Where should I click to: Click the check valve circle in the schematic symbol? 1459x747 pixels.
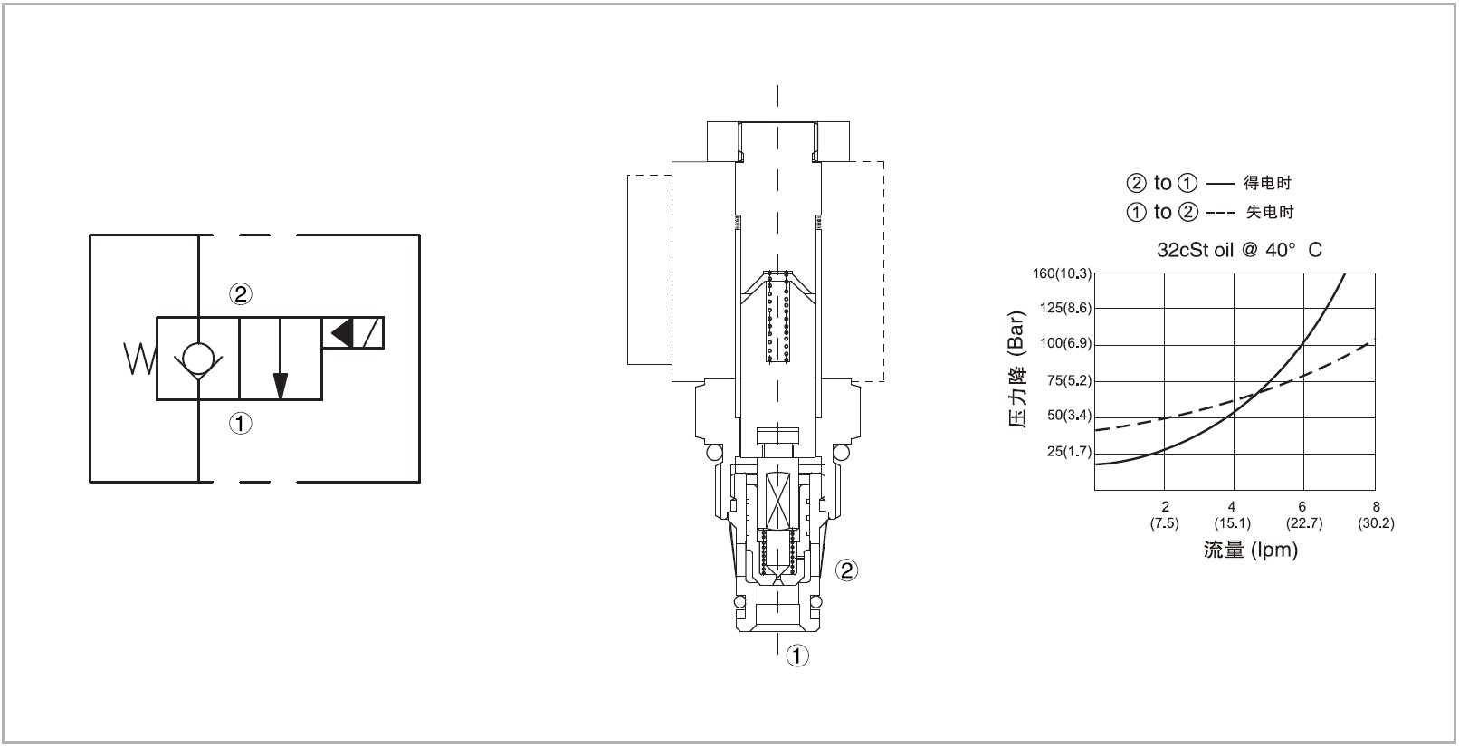(198, 358)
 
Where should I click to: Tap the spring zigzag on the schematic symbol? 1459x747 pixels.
(139, 359)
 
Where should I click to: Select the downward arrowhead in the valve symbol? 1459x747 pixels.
(280, 386)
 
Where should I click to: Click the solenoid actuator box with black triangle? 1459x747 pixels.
(353, 333)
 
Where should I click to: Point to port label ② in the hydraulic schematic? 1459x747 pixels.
(241, 294)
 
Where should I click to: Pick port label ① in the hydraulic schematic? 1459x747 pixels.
(241, 424)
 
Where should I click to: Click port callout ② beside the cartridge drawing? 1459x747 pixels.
(846, 570)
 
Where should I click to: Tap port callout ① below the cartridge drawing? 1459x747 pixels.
(798, 655)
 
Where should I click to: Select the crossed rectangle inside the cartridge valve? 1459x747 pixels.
(778, 501)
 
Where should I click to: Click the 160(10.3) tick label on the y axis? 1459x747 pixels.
(1062, 273)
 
